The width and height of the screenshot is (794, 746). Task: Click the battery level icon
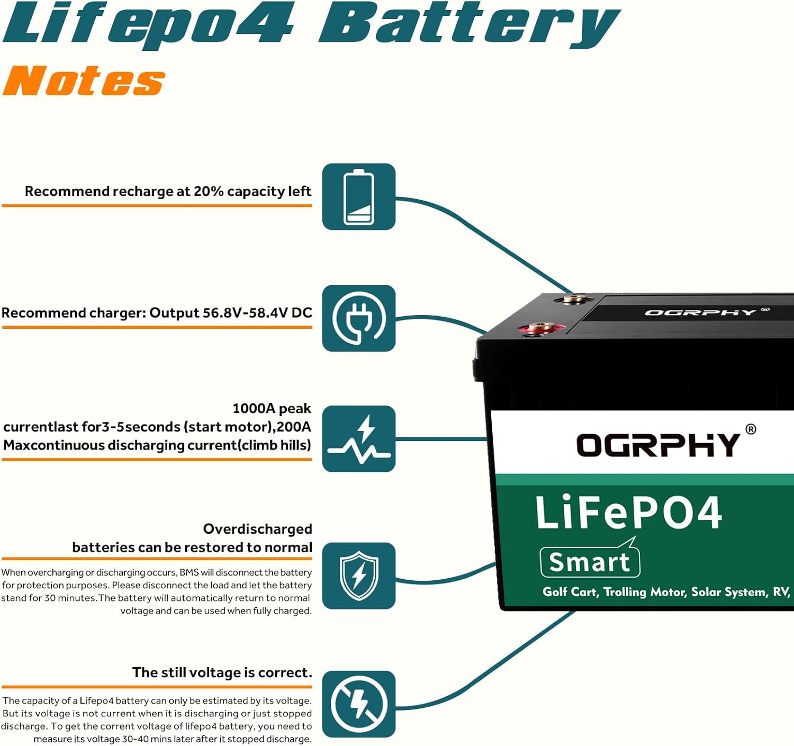[x=359, y=197]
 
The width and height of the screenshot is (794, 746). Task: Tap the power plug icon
[x=359, y=318]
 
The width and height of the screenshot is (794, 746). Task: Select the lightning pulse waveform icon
[x=359, y=439]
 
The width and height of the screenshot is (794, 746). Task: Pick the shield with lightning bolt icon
[x=359, y=576]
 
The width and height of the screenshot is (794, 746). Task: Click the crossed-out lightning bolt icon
[x=359, y=704]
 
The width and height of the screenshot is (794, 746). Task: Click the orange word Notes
[x=84, y=82]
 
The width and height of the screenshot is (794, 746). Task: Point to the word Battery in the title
[x=468, y=24]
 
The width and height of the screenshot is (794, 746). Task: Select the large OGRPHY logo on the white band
[x=658, y=445]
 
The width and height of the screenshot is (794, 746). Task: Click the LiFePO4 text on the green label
[x=628, y=513]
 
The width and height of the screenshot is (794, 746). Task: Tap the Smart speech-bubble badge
[x=590, y=561]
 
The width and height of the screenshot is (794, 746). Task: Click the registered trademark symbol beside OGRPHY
[x=751, y=429]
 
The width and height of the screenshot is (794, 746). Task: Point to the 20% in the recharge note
[x=209, y=191]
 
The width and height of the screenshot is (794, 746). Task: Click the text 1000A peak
[x=272, y=409]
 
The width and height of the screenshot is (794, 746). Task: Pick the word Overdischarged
[x=257, y=529]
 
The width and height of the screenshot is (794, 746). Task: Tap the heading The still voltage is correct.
[x=222, y=672]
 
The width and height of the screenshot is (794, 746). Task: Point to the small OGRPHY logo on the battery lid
[x=700, y=312]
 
